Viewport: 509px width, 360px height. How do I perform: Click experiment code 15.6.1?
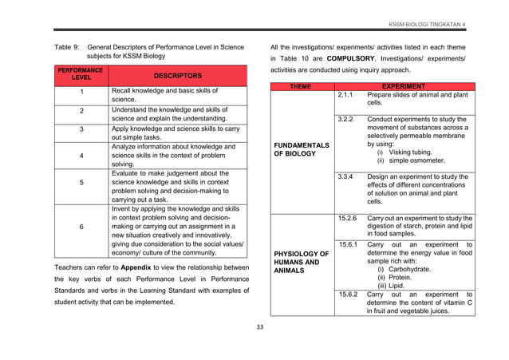[347, 244]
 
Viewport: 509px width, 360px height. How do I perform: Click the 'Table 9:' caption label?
[67, 46]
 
